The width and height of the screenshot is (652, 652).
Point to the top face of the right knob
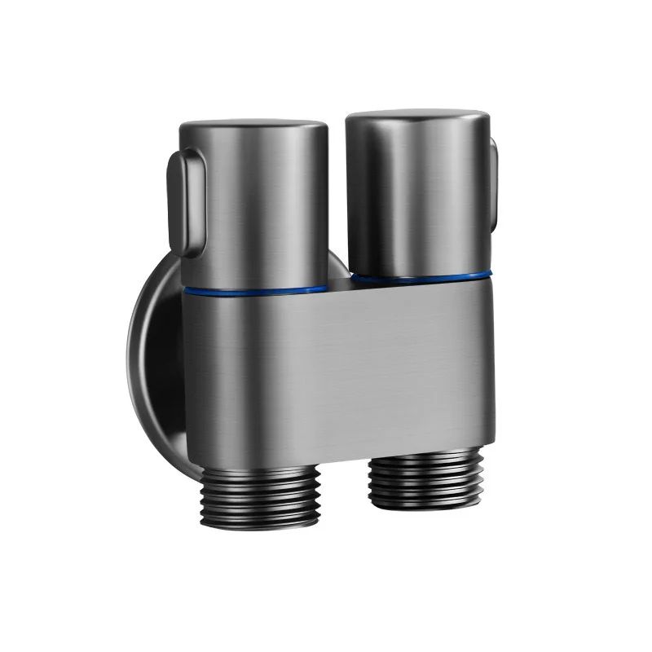[x=417, y=117]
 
